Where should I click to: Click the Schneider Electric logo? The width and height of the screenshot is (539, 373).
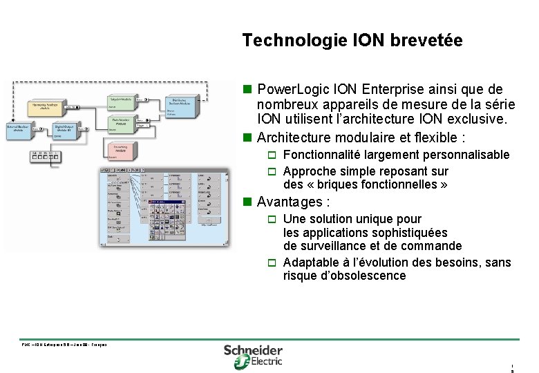coord(253,355)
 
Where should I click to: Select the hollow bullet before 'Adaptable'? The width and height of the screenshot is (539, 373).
coord(272,263)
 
